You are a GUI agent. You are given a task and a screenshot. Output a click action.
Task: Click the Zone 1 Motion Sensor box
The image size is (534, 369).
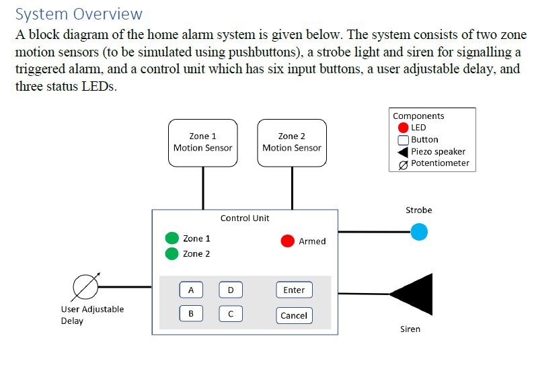202,142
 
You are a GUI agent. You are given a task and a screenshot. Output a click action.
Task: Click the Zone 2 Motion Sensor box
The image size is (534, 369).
292,142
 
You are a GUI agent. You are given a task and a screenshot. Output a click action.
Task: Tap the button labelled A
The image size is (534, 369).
191,290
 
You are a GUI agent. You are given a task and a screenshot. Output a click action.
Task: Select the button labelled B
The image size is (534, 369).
191,314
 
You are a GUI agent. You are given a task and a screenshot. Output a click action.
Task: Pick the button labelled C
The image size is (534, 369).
231,314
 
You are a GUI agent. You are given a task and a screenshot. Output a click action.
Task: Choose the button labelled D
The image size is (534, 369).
231,290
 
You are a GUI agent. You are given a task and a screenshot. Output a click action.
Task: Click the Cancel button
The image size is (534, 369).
294,315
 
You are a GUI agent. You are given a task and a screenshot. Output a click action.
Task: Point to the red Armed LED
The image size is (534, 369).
288,241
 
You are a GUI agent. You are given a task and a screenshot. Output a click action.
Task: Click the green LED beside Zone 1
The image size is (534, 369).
172,239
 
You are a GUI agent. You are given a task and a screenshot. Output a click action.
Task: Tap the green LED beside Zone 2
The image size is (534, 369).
172,253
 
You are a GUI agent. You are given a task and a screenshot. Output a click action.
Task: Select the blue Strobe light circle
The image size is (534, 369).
419,232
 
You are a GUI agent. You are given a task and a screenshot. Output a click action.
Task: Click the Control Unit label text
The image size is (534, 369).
245,218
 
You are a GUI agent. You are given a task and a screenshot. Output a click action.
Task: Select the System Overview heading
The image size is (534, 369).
79,13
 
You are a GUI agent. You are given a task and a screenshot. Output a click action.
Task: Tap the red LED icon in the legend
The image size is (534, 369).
404,128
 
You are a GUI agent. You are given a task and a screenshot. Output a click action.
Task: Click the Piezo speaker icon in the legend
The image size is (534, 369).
404,151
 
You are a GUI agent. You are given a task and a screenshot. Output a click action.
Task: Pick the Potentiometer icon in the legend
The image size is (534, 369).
404,163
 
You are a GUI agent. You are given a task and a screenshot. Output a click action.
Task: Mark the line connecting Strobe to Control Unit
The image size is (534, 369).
373,232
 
